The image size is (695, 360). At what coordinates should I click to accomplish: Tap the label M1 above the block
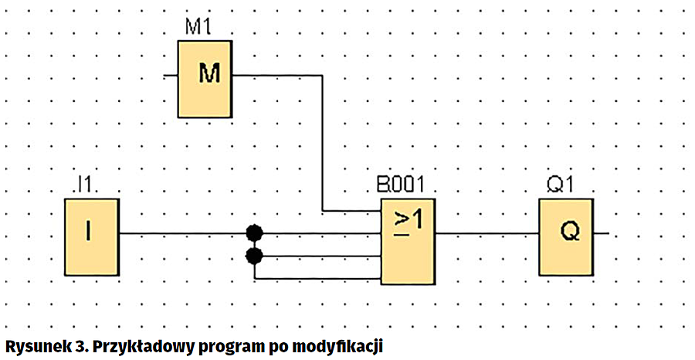pos(199,29)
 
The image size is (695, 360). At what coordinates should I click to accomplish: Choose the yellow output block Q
pos(566,232)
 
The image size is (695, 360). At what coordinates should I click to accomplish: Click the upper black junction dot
pos(253,232)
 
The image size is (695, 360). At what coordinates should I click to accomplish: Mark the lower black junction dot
pos(253,255)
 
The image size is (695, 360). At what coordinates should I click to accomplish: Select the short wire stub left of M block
pos(171,76)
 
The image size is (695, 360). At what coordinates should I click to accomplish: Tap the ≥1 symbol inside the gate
pos(408,222)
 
